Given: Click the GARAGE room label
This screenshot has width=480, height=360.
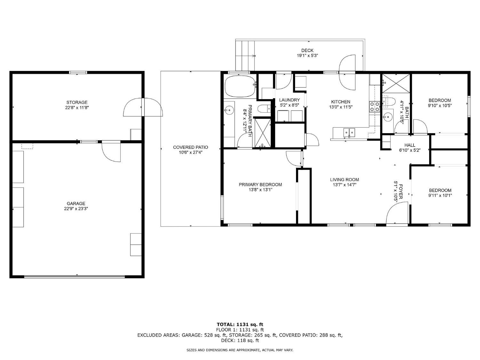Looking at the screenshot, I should (x=76, y=204).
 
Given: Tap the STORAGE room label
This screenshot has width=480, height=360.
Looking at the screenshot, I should (x=77, y=102).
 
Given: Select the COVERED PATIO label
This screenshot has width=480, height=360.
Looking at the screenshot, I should (x=190, y=147).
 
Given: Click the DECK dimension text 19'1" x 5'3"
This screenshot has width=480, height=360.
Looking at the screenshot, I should (x=307, y=55).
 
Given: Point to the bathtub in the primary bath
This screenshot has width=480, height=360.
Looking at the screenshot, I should (x=240, y=86).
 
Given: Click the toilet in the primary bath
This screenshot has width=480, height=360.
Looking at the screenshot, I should (x=264, y=109).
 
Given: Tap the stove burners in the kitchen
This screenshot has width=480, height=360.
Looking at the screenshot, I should (x=374, y=106).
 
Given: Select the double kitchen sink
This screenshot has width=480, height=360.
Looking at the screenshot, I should (x=349, y=132).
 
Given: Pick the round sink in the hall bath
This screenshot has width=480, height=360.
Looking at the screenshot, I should (x=388, y=117).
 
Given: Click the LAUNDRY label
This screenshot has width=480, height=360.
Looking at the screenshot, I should (x=289, y=100).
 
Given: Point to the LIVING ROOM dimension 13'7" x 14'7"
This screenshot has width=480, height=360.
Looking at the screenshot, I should (x=345, y=185).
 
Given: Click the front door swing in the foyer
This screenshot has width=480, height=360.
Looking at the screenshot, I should (x=396, y=214).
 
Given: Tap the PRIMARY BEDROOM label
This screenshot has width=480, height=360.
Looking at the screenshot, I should (x=260, y=184).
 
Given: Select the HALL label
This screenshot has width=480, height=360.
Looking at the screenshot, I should (x=410, y=145).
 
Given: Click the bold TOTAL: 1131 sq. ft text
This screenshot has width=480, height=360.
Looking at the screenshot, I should (x=240, y=324).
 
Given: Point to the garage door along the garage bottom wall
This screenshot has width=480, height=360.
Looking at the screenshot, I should (x=75, y=276).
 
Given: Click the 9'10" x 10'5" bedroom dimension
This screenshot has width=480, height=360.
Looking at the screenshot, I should (x=440, y=105).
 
